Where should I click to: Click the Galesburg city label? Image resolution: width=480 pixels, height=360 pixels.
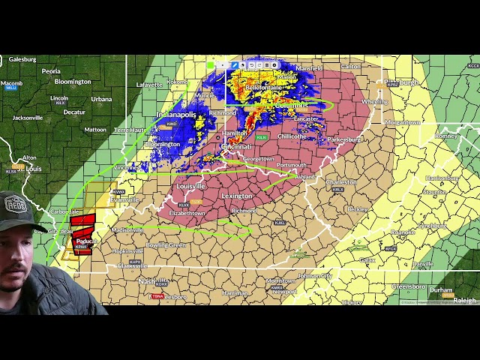pyautogui.click(x=22, y=59)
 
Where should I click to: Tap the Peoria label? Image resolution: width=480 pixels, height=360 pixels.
pyautogui.click(x=51, y=71)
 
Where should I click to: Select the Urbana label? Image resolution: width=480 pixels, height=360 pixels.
pyautogui.click(x=101, y=99)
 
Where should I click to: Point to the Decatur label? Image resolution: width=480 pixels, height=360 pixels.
pyautogui.click(x=74, y=112)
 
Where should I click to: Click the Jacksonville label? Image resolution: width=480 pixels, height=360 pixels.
pyautogui.click(x=28, y=118)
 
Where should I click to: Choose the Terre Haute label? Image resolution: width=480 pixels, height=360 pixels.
pyautogui.click(x=130, y=130)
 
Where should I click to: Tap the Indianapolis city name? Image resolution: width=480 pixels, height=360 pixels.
pyautogui.click(x=176, y=115)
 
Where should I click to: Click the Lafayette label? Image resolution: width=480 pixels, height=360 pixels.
pyautogui.click(x=149, y=85)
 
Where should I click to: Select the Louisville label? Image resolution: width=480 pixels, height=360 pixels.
pyautogui.click(x=190, y=186)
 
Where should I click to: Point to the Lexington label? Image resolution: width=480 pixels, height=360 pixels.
pyautogui.click(x=238, y=196)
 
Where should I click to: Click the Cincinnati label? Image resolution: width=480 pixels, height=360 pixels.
pyautogui.click(x=237, y=146)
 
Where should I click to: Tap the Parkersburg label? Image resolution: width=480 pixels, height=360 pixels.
pyautogui.click(x=344, y=139)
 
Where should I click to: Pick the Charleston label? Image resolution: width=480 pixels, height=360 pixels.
pyautogui.click(x=341, y=181)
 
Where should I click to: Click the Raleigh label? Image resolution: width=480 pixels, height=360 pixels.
pyautogui.click(x=464, y=300)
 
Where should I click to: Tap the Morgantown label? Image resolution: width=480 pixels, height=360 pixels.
pyautogui.click(x=403, y=121)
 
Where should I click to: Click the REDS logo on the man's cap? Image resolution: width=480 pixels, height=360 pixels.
pyautogui.click(x=15, y=203)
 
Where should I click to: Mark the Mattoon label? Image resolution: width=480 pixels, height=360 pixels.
pyautogui.click(x=95, y=130)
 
